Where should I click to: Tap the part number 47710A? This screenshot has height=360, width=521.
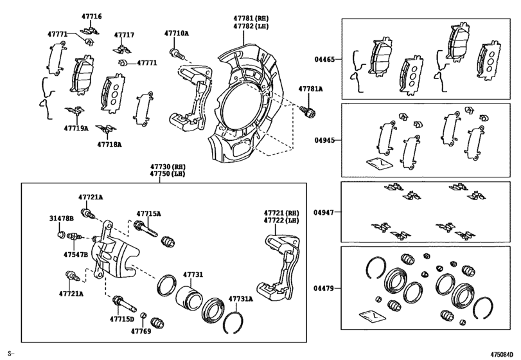coord(176,33)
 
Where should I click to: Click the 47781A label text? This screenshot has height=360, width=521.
coord(310,89)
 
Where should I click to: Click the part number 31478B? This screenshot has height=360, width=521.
coord(62,219)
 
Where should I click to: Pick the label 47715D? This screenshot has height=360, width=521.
coord(121,318)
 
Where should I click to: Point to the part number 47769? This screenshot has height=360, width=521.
coord(141,331)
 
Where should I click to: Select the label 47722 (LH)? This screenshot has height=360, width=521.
coord(281,221)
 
